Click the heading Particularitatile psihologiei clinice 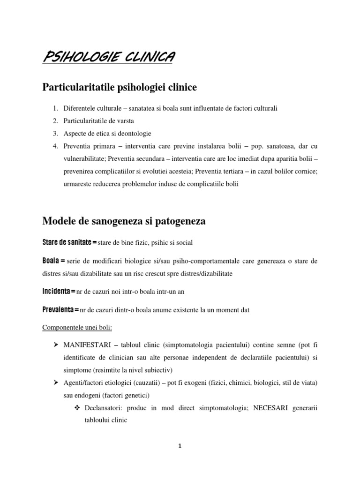120,87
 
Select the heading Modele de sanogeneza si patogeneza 124,221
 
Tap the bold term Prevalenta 60,309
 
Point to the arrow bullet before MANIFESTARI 55,345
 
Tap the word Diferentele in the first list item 80,108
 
